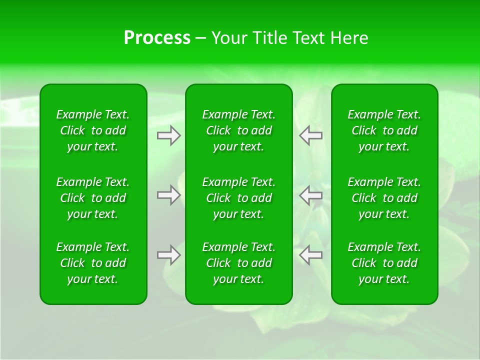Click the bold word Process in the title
click(157, 38)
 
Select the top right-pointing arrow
click(168, 135)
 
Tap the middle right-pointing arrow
click(168, 195)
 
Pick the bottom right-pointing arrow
click(168, 255)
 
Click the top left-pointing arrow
click(311, 135)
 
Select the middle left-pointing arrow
click(311, 195)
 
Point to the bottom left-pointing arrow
click(311, 255)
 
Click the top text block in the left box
click(93, 130)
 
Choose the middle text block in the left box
click(93, 198)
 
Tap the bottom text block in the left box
click(93, 263)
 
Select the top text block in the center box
click(239, 130)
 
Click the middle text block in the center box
click(239, 198)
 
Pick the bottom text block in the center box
click(239, 263)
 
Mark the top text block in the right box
click(384, 130)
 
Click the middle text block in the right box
click(384, 198)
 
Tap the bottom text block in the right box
click(384, 263)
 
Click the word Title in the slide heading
click(270, 38)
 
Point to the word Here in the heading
click(349, 38)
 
